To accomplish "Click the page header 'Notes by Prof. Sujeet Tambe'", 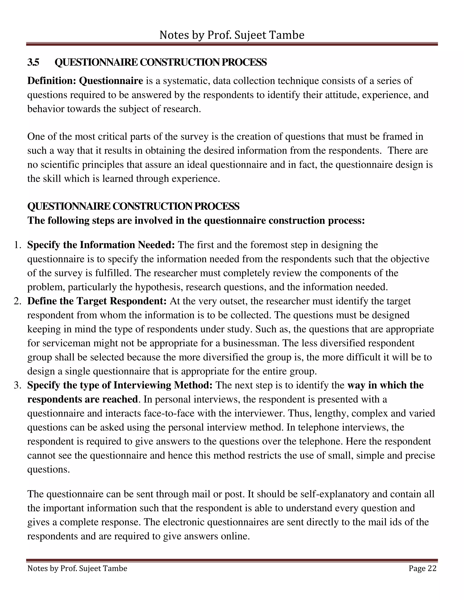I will click(x=232, y=35).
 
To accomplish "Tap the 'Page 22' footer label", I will click(x=422, y=568).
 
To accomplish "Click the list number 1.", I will click(x=17, y=245).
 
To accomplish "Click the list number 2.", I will click(x=17, y=301).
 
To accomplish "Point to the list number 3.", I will click(x=17, y=385).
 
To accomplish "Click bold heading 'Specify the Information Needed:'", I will click(x=101, y=245).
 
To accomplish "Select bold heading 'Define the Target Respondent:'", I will click(x=97, y=301).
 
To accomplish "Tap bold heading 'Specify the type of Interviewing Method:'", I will click(x=120, y=385).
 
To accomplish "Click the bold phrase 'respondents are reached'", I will click(x=82, y=399).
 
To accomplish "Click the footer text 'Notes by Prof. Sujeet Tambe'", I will click(x=77, y=568).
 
